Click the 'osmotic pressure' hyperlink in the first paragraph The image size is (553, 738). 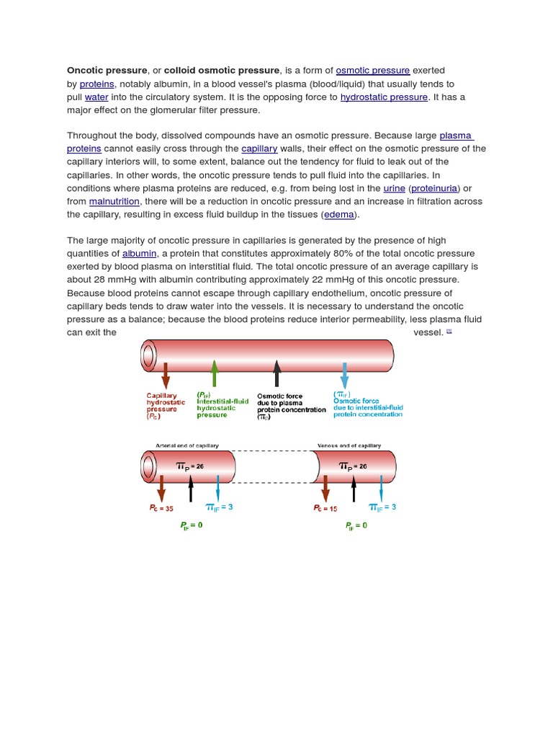click(373, 71)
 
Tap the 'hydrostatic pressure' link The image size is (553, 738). click(385, 97)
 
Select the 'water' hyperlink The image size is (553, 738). click(96, 97)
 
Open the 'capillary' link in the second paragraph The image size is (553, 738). click(259, 148)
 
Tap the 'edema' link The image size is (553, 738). click(339, 214)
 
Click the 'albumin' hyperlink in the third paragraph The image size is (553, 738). click(140, 254)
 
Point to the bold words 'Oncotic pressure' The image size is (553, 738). click(107, 71)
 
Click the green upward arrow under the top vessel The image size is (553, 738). click(214, 373)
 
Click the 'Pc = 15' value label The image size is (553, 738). click(325, 508)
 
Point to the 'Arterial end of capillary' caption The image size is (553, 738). click(187, 445)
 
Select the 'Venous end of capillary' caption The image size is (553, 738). click(349, 445)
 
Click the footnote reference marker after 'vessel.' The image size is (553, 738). click(449, 331)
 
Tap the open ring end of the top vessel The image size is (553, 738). click(148, 355)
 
